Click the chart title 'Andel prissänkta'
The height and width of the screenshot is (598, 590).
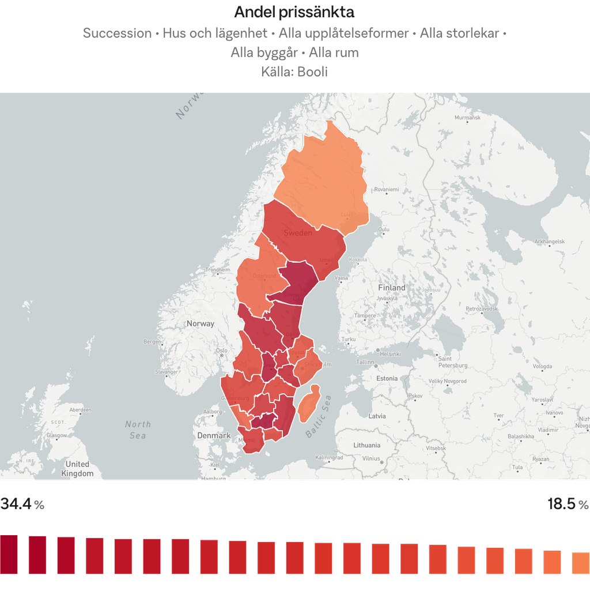tap(294, 12)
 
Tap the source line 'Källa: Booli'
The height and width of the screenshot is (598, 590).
tap(294, 72)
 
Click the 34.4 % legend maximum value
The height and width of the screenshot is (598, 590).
tap(22, 505)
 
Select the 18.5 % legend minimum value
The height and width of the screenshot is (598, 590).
tap(568, 505)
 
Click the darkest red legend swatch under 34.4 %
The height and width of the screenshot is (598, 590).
tap(9, 554)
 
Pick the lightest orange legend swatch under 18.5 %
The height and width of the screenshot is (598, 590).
tap(580, 563)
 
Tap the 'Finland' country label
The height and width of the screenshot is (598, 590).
tap(392, 287)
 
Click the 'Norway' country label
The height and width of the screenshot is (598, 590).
tap(200, 324)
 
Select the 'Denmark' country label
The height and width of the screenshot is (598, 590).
tap(214, 435)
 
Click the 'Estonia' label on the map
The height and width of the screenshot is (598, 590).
tap(387, 378)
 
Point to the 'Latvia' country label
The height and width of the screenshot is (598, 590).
tap(377, 416)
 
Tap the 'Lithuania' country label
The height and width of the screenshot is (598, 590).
tap(367, 445)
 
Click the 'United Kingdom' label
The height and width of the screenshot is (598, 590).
tap(77, 469)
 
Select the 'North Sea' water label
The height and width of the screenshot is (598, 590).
tap(138, 430)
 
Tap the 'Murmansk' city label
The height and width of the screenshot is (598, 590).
tap(467, 118)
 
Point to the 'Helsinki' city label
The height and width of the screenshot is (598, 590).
tap(389, 353)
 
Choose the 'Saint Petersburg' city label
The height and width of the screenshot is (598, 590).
tap(452, 362)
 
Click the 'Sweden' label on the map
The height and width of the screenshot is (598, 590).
tap(298, 233)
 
